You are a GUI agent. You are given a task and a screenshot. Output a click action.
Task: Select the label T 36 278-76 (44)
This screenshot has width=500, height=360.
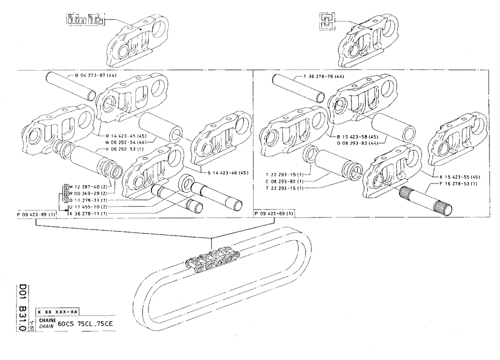[324, 76]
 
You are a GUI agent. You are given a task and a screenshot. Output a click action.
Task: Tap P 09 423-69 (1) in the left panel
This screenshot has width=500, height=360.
[35, 214]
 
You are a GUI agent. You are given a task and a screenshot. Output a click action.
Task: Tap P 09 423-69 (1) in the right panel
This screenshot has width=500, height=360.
[274, 214]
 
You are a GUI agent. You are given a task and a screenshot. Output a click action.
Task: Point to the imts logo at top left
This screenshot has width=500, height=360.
[85, 20]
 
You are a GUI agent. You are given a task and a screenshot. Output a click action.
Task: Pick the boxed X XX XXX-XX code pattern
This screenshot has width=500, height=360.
[60, 311]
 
